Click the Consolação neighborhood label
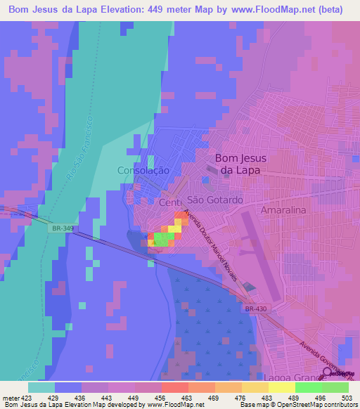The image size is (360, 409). coord(143,170)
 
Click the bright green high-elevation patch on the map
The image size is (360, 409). coord(162,239)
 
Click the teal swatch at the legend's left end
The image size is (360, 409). coord(41,387)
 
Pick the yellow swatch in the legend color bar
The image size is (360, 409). coord(281,387)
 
